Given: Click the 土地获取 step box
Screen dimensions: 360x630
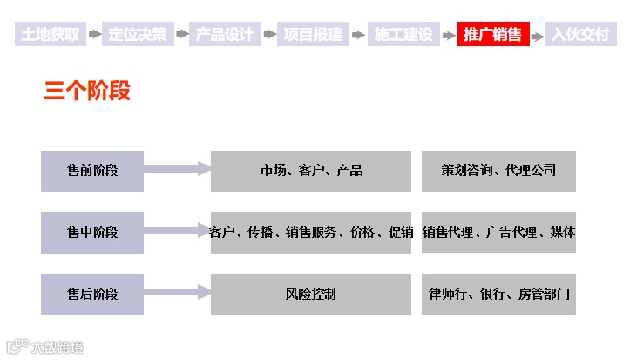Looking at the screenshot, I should coord(50,35).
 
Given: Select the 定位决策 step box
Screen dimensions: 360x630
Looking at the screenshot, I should coord(138,35).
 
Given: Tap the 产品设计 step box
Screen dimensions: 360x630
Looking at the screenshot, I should coord(226,35).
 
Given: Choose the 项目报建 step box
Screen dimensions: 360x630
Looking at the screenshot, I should coord(314,35).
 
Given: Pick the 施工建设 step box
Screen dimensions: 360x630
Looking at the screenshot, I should coord(403,35).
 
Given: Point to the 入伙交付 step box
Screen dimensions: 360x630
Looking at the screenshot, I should coord(581,35).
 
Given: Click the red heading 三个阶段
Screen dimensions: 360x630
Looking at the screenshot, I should coord(87,91).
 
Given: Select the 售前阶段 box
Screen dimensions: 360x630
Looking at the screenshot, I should coord(92,171).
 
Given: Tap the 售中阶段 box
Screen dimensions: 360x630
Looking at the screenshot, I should coord(92,232).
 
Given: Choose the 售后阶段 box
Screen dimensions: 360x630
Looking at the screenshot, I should coord(92,294).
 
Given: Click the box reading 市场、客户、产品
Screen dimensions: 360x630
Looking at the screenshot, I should coord(311,171).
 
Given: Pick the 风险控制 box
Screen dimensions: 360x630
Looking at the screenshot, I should coord(311,294).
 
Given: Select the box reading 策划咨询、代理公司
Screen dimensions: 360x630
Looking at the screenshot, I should coord(498,171).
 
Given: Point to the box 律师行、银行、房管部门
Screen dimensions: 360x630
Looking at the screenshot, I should coord(498,294).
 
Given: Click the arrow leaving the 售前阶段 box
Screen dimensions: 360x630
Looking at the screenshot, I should coord(177,169).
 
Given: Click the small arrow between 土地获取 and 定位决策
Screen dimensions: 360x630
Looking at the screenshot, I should coord(93,35).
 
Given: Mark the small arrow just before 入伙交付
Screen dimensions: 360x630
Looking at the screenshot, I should coord(537,35).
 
